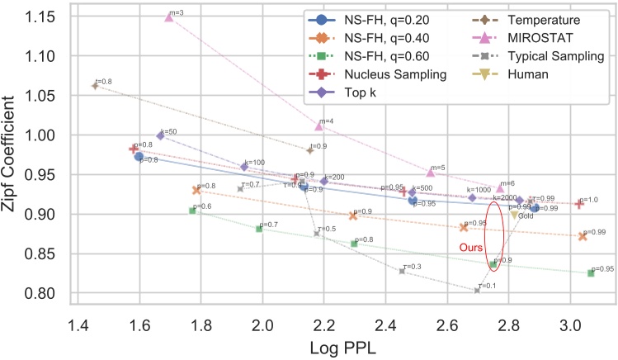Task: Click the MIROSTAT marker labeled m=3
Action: coord(169,17)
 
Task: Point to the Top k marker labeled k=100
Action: coord(244,167)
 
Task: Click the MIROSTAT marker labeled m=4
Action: coord(319,126)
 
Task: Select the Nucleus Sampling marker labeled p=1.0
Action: coord(579,204)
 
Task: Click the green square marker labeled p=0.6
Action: coord(192,211)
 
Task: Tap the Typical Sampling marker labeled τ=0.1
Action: coord(477,290)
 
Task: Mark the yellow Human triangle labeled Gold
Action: coord(515,214)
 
